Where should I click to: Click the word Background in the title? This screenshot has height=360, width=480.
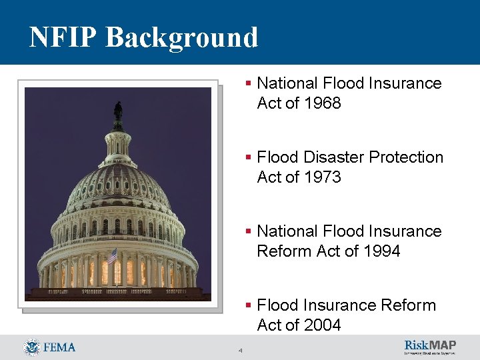181,37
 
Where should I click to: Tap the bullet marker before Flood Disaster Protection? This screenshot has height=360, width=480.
249,157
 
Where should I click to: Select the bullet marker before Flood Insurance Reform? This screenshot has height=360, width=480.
249,305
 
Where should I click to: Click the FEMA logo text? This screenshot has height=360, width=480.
59,347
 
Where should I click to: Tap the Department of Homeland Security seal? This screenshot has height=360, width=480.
31,347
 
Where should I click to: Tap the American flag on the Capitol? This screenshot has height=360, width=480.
112,255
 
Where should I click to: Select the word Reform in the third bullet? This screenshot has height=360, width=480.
285,251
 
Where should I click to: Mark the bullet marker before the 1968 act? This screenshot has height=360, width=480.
249,83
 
